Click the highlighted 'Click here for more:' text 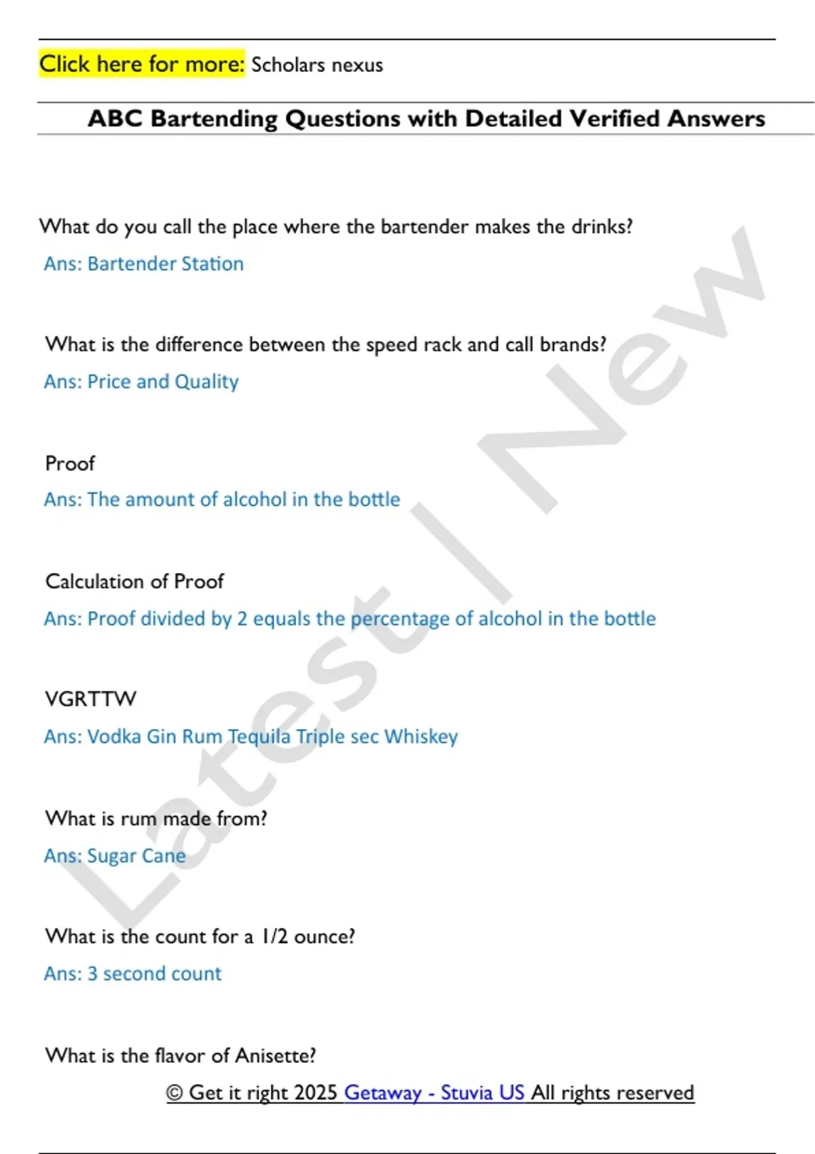(x=141, y=64)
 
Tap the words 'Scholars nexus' (x=317, y=65)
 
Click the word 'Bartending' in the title (x=213, y=119)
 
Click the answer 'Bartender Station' (x=165, y=263)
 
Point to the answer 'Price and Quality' (x=163, y=381)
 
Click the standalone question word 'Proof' (x=70, y=464)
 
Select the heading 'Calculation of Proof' (x=134, y=582)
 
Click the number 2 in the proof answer (x=242, y=618)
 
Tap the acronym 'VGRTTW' (x=90, y=699)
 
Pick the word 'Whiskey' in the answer (x=421, y=737)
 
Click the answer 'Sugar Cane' (x=137, y=855)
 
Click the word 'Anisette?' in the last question (x=275, y=1056)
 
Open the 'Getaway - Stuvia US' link (x=434, y=1092)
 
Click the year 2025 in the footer (x=316, y=1092)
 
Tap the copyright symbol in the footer (x=175, y=1092)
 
